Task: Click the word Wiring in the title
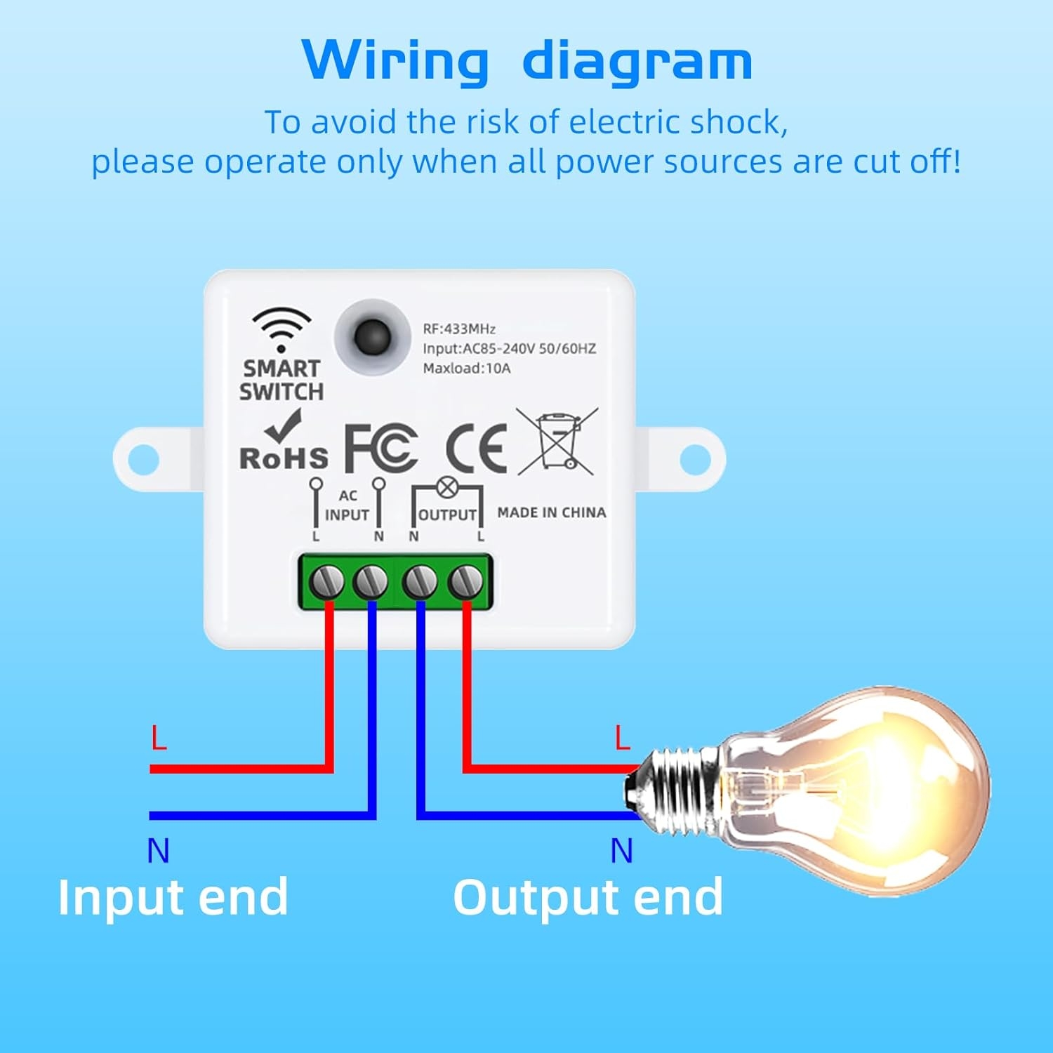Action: pos(395,62)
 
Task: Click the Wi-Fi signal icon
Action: pos(282,328)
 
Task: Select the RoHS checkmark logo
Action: pos(283,442)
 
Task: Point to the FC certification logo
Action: pos(381,449)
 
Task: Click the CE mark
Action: pos(477,449)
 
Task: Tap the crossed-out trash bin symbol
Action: pos(557,441)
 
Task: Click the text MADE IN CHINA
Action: pos(551,513)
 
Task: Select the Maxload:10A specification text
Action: pos(466,368)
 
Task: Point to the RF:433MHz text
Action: pos(459,329)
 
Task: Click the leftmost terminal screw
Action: pos(327,581)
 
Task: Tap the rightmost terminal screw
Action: pos(465,581)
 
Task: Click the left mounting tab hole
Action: pos(144,458)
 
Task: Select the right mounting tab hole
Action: pos(694,458)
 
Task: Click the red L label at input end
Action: pos(159,738)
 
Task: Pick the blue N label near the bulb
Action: pos(621,851)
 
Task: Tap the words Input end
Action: pos(173,897)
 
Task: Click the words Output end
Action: pos(588,897)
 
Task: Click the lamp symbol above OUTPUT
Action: pos(447,486)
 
